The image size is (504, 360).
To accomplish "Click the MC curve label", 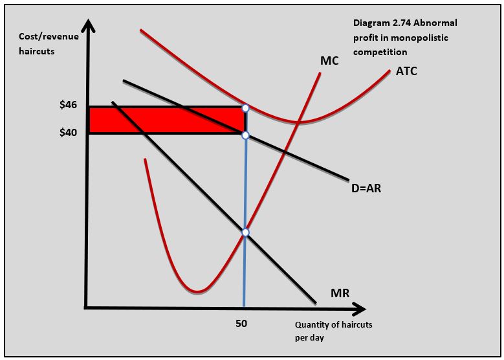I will tap(330, 61).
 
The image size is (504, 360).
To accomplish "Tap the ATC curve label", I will tap(406, 71).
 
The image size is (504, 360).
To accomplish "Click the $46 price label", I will tap(69, 106).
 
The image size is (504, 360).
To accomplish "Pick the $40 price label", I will tap(69, 132).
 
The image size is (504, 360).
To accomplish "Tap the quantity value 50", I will tap(240, 322).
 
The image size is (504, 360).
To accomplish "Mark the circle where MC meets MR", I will tap(245, 232).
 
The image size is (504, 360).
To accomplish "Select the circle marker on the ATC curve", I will tap(245, 108).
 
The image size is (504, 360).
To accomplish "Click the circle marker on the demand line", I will tap(245, 135).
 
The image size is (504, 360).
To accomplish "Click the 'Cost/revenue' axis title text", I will tap(49, 37).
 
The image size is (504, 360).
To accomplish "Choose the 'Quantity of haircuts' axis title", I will tap(333, 325).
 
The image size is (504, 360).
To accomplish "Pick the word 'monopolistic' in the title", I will tap(414, 38).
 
